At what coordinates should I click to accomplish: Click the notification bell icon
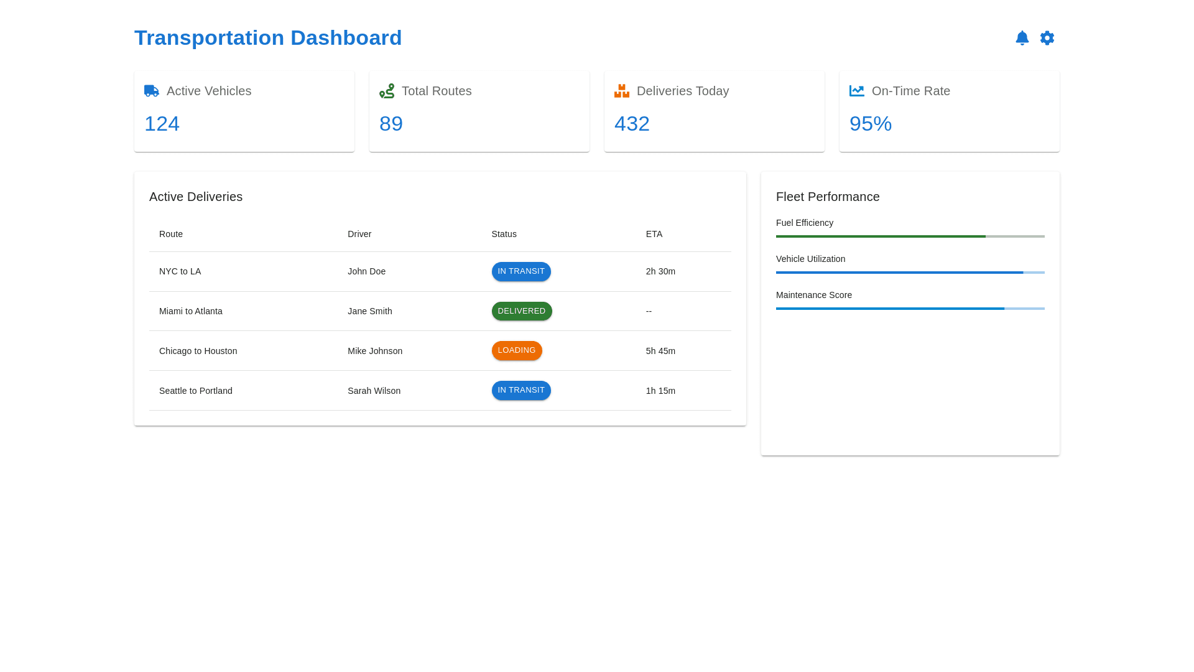tap(1022, 38)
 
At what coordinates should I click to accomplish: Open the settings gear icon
tap(1047, 38)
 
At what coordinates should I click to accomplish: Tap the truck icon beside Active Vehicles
tap(152, 91)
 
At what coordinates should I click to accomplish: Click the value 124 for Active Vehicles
tap(162, 124)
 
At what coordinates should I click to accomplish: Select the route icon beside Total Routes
tap(387, 91)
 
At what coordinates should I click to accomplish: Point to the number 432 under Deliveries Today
tap(632, 124)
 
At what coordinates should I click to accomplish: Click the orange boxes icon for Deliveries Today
tap(622, 91)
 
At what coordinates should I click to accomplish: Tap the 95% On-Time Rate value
tap(870, 124)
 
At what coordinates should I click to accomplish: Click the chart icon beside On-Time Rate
tap(857, 91)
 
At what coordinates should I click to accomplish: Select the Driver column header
tap(359, 234)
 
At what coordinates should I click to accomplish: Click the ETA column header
tap(654, 234)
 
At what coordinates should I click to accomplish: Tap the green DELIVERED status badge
tap(522, 311)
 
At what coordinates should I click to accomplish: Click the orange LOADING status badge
tap(517, 350)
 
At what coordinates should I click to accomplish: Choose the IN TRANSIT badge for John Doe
tap(521, 271)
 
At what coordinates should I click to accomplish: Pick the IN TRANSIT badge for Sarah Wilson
tap(521, 390)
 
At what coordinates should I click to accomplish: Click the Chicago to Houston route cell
tap(198, 351)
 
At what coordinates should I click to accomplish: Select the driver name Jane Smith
tap(369, 311)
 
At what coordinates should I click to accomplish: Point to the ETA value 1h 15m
tap(660, 391)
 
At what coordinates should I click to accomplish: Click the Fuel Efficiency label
tap(805, 223)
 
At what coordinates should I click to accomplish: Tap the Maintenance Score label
tap(814, 295)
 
